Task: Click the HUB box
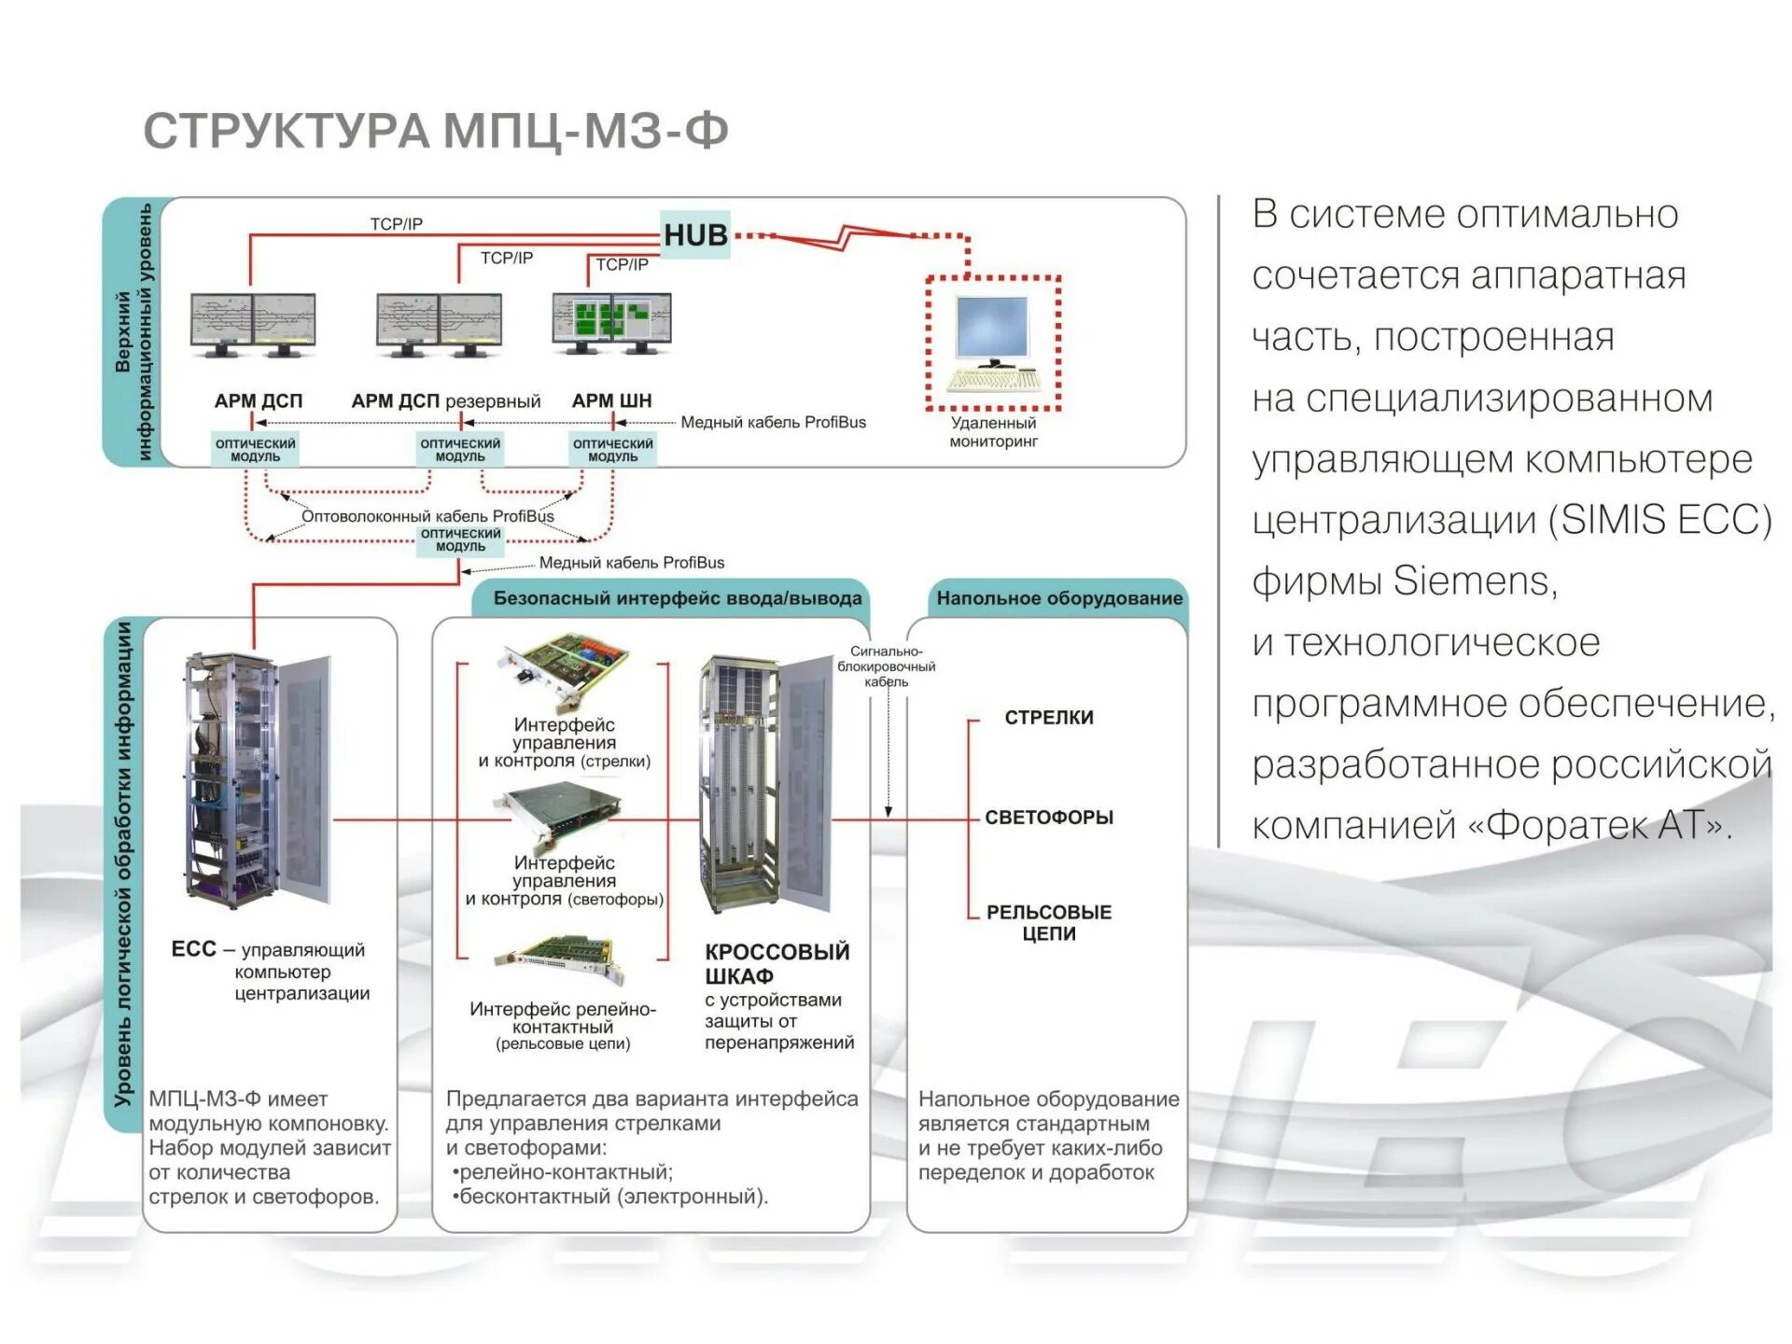click(x=695, y=235)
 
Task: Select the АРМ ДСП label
click(x=259, y=401)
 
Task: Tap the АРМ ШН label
click(x=611, y=401)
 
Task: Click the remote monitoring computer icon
click(x=993, y=343)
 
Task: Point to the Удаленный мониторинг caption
click(x=993, y=432)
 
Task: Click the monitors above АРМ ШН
click(x=611, y=323)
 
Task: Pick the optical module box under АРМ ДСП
click(x=255, y=450)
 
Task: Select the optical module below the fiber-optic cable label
click(x=460, y=540)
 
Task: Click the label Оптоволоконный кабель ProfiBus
click(x=427, y=516)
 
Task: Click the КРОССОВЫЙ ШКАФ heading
click(x=777, y=963)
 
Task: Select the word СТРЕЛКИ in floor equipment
click(x=1049, y=718)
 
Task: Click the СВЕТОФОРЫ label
click(x=1049, y=818)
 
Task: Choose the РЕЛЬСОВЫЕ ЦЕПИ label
click(x=1049, y=922)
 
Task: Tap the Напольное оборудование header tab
click(x=1059, y=598)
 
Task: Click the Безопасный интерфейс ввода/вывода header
click(x=677, y=598)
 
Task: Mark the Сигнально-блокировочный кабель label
click(x=886, y=666)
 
